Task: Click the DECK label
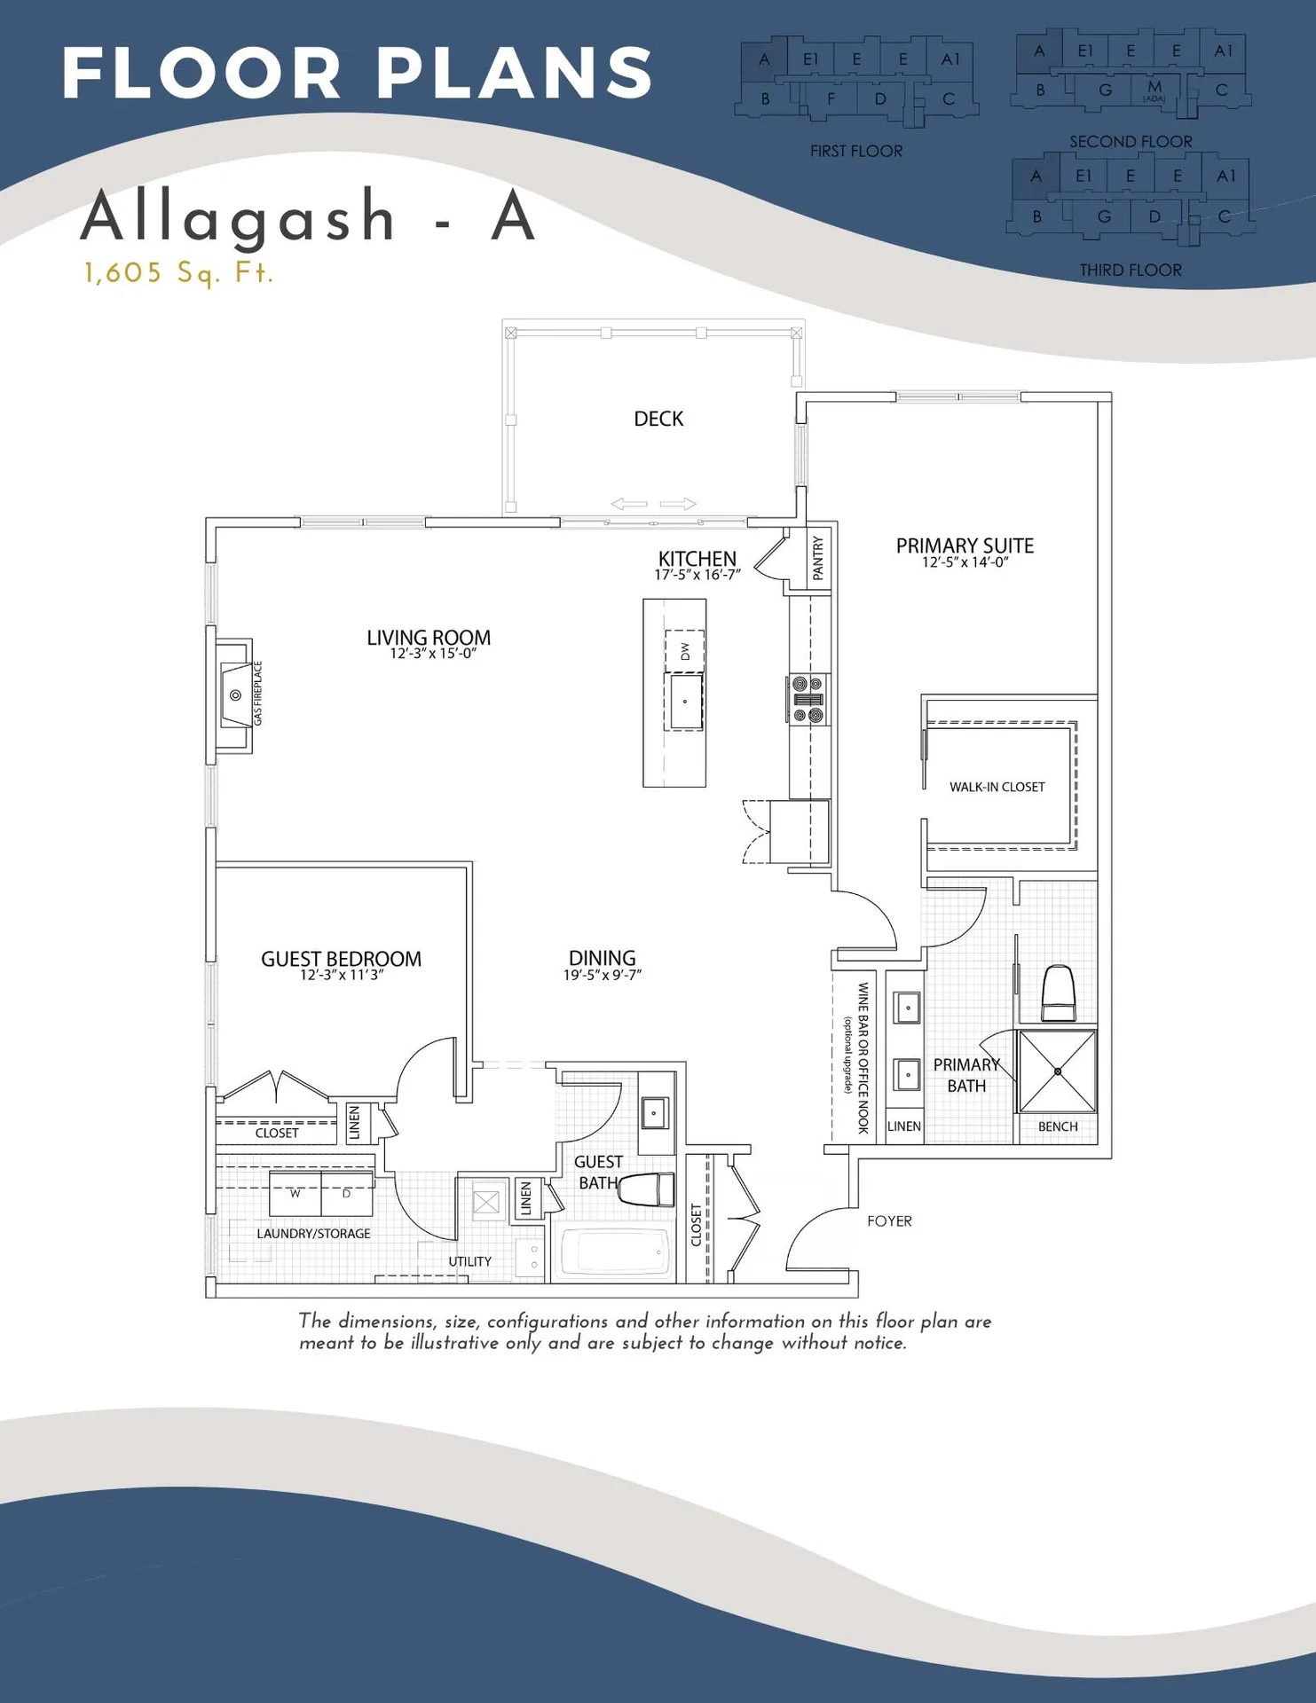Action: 658,419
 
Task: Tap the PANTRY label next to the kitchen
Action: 818,558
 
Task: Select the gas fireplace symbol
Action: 235,695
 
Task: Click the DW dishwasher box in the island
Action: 685,651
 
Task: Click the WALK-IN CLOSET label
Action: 997,787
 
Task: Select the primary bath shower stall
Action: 1058,1071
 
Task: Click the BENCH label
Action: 1058,1126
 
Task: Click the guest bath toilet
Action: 647,1189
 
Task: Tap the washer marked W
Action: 296,1194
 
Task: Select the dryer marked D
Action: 346,1194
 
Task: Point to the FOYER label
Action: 889,1221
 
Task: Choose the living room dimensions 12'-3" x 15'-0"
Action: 433,654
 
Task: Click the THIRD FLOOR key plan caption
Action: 1130,270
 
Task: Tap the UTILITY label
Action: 469,1261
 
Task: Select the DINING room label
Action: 602,958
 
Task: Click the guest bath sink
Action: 655,1112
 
